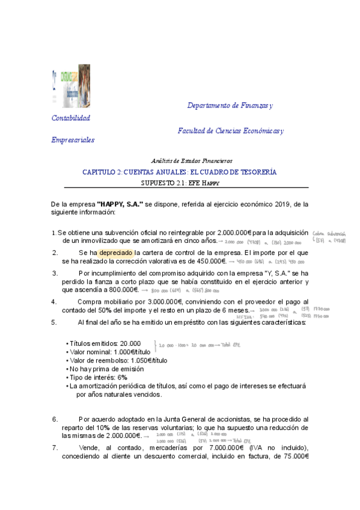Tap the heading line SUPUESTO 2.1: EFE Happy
click(180, 182)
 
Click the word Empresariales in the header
click(73, 140)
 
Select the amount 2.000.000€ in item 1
click(233, 232)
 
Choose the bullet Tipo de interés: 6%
click(98, 377)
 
